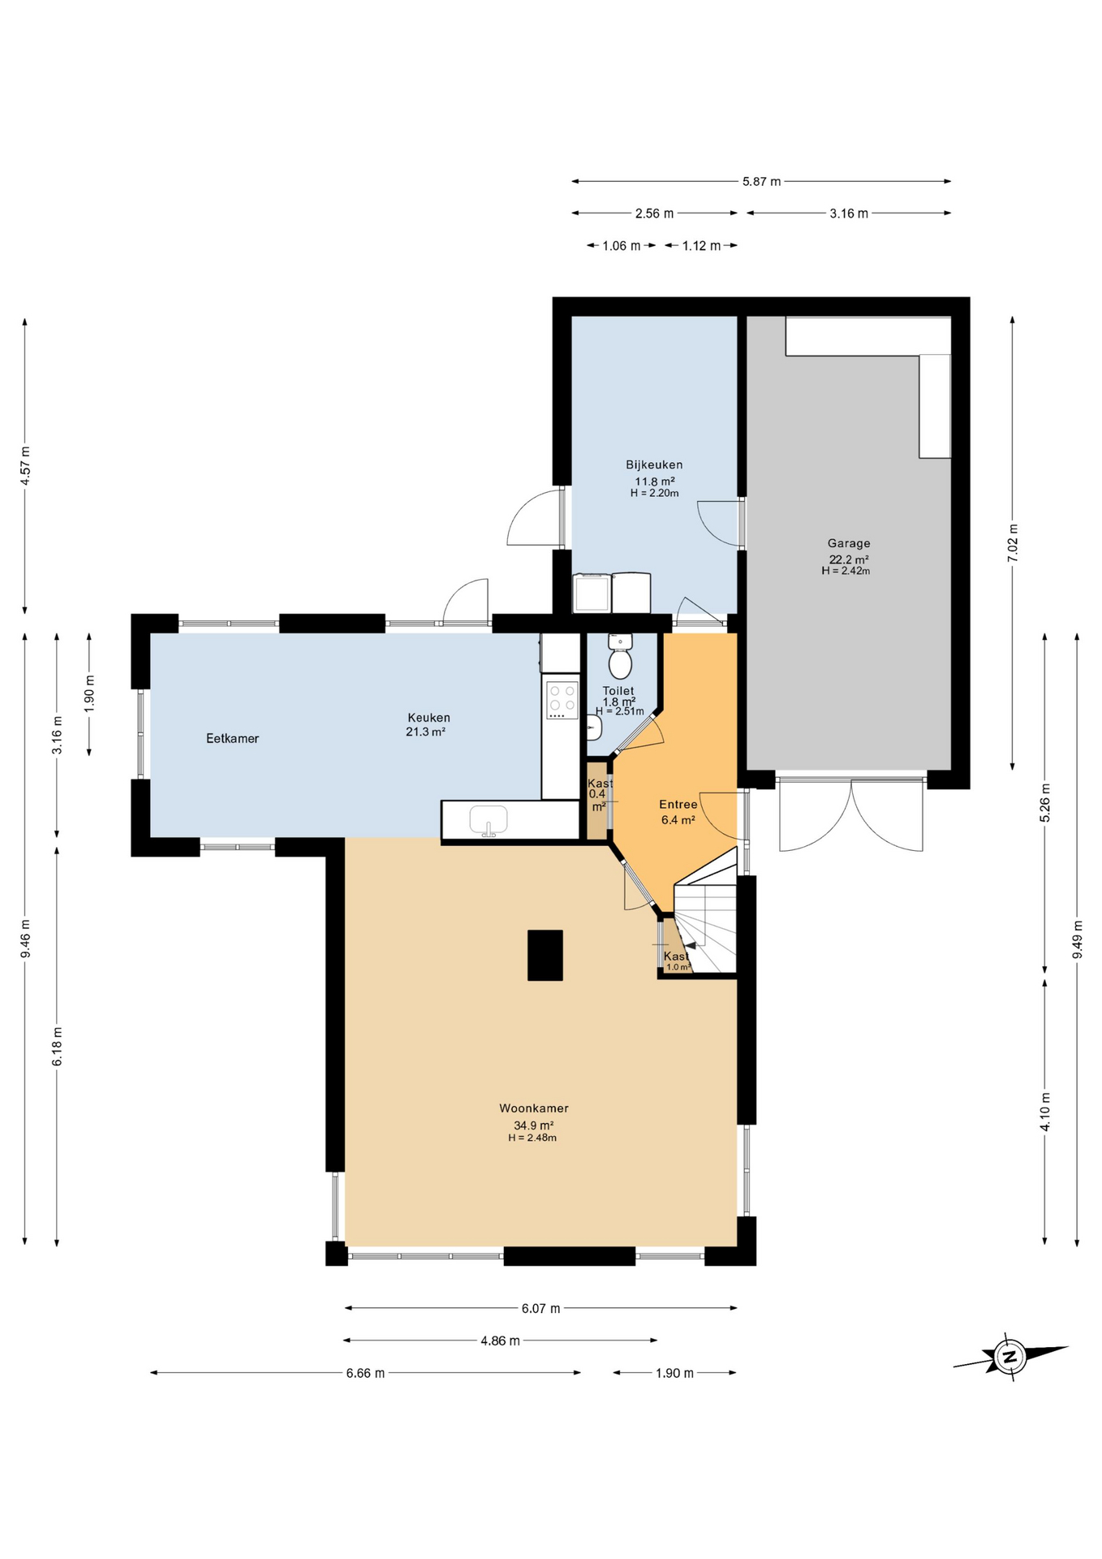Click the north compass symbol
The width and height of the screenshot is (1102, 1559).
pos(1009,1356)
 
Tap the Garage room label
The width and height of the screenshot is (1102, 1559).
pos(849,543)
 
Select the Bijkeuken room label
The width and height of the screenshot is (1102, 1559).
pos(654,464)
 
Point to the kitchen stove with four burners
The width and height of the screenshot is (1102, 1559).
pos(562,700)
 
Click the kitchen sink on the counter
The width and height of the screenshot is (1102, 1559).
pos(489,820)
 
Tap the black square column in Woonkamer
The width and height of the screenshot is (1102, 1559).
pos(545,955)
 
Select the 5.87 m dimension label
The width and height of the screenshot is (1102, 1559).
pos(761,181)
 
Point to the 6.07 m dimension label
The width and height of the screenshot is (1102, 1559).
pos(541,1308)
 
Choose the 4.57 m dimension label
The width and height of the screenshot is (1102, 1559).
pos(25,466)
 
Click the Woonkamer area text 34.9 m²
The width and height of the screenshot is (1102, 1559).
pos(534,1125)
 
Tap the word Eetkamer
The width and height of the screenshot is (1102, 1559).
pos(233,738)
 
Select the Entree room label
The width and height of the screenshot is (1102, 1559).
pos(678,805)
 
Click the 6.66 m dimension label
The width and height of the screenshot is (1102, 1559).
pos(365,1373)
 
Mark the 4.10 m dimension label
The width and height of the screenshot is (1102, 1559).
pos(1045,1112)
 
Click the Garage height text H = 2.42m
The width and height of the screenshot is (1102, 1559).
pos(846,571)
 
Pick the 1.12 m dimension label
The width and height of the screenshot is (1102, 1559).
pos(701,245)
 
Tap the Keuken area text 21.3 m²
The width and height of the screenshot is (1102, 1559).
pos(426,732)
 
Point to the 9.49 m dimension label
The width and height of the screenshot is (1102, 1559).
pos(1078,939)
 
